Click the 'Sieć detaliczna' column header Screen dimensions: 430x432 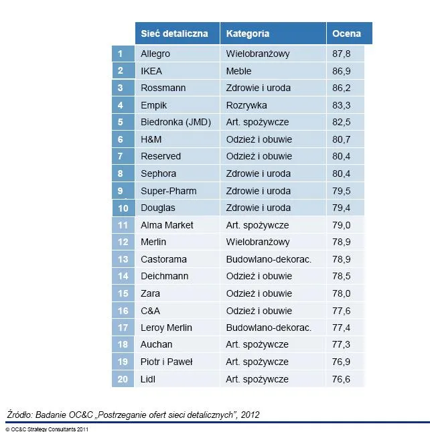pos(174,33)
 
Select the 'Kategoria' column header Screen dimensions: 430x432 pos(248,34)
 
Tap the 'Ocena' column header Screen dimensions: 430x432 pos(346,33)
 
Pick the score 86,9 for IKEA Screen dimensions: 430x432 pos(342,71)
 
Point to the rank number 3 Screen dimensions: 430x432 pos(120,88)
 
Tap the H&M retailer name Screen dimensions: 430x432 pos(151,139)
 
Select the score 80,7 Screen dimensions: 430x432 pos(342,139)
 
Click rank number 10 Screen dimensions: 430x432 pos(123,208)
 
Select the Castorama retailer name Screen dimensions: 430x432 pos(163,259)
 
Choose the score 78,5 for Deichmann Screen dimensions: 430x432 pos(342,276)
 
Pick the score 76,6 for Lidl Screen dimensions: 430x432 pos(341,379)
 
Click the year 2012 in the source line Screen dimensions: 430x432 pos(250,415)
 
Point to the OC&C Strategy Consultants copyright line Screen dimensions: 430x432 pos(47,429)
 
